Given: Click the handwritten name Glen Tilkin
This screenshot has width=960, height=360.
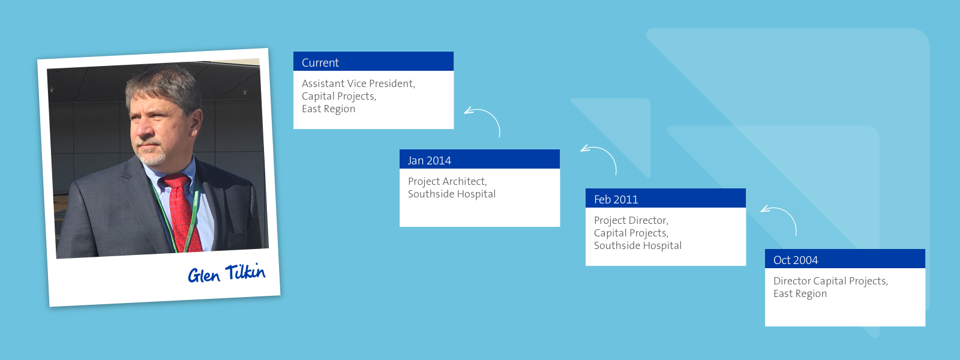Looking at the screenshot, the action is click(x=227, y=273).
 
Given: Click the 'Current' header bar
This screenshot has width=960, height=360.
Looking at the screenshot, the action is click(x=373, y=61).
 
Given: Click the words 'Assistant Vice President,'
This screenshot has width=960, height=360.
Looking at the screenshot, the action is click(x=358, y=83).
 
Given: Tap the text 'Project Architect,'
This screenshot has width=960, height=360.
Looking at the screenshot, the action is click(x=448, y=182).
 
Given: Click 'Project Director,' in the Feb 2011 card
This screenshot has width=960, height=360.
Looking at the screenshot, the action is click(x=631, y=220).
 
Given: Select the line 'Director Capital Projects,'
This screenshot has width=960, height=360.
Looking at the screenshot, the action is click(x=830, y=281).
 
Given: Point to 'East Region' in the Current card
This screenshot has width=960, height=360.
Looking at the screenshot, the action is click(x=328, y=109).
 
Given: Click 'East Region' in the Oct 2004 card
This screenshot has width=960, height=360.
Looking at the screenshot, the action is click(x=800, y=293).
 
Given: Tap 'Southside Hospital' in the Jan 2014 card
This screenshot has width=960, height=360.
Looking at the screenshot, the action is click(x=452, y=194).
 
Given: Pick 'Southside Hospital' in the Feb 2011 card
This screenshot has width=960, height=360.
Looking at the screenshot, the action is click(x=638, y=245).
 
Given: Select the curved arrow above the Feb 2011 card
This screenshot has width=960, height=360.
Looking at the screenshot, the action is click(x=608, y=153).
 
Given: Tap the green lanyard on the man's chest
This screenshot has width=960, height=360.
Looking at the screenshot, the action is click(x=180, y=214).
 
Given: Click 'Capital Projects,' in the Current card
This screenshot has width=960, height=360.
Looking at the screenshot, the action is click(x=338, y=97).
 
